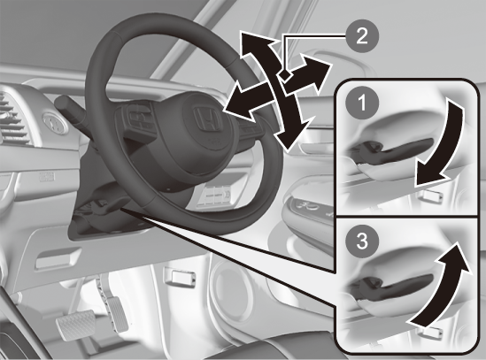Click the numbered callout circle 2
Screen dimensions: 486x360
click(x=361, y=36)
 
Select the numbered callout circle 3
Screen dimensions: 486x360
click(x=361, y=241)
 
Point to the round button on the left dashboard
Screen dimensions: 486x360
click(x=56, y=124)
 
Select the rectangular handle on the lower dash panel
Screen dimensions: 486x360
click(x=58, y=259)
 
